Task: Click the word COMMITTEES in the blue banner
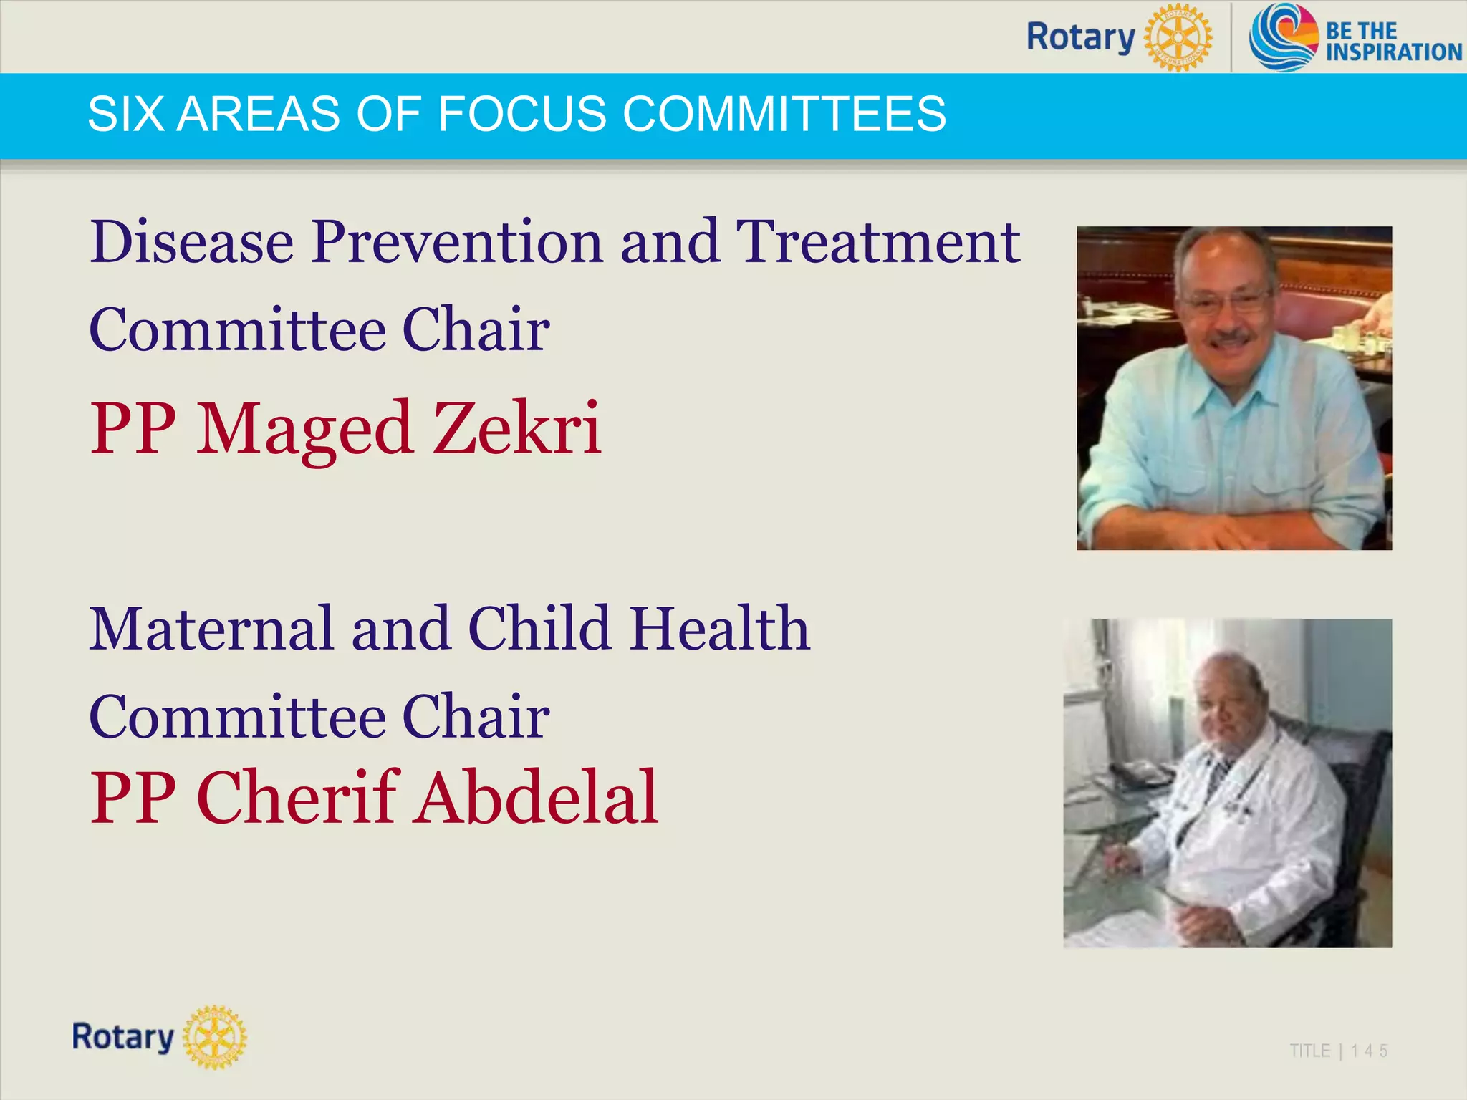coord(784,114)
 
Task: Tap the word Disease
coord(191,243)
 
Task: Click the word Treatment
coord(877,243)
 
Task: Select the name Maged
coord(304,430)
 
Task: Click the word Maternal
coord(211,629)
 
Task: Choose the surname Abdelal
coord(537,798)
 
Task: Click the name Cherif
coord(298,798)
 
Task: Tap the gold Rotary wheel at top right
coord(1177,37)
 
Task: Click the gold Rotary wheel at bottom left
coord(214,1037)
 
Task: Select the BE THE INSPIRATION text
coord(1393,42)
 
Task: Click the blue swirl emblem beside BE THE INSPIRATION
coord(1283,37)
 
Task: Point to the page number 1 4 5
coord(1369,1051)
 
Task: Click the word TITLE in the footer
coord(1309,1051)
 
